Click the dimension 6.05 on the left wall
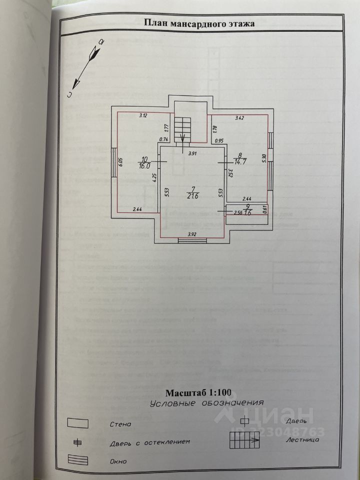click(120, 162)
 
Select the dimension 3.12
click(143, 116)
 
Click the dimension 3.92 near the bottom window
click(192, 234)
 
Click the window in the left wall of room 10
click(113, 162)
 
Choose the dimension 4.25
click(155, 176)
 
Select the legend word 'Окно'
click(118, 461)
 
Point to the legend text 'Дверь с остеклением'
click(149, 442)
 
